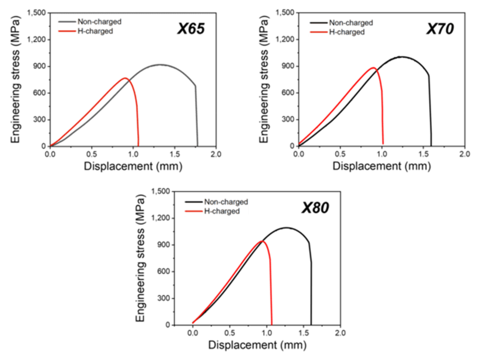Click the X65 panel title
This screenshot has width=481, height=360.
point(191,29)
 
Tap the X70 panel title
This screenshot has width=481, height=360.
point(440,29)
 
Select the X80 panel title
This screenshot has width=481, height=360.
point(315,208)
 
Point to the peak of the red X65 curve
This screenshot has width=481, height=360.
point(125,78)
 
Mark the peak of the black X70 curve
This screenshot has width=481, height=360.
point(401,57)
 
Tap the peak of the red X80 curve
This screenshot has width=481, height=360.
point(262,241)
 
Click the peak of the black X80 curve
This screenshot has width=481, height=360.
point(287,228)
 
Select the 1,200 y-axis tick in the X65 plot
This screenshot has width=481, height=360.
point(36,40)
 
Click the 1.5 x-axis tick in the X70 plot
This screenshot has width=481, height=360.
point(423,153)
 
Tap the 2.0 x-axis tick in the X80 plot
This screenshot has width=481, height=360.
point(340,333)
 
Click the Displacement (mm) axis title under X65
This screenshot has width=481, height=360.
point(133,166)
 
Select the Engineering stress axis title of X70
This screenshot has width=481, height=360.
point(264,80)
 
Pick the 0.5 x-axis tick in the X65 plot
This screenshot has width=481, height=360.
point(92,153)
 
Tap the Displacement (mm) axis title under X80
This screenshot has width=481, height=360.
point(257,345)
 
